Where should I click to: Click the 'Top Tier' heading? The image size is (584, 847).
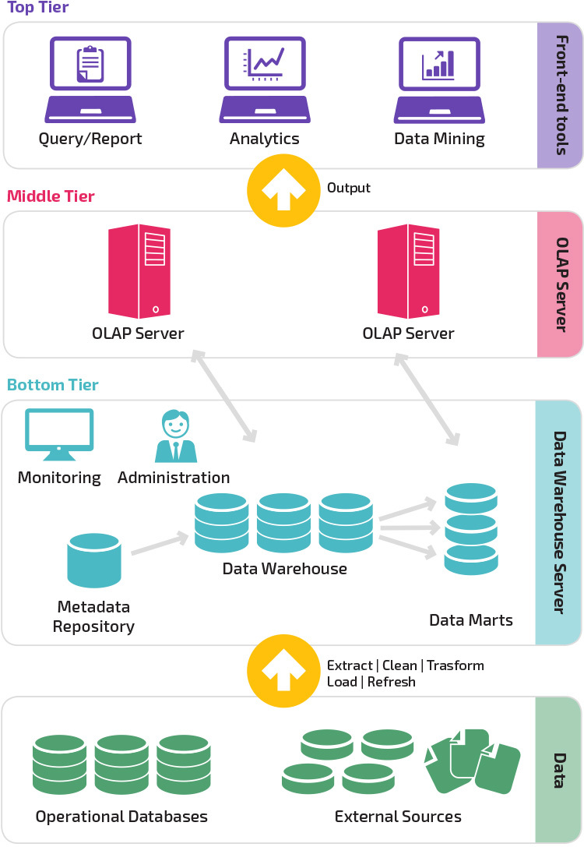coord(37,9)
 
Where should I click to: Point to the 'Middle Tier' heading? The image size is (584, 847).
coord(51,196)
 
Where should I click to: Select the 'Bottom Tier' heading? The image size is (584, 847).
coord(53,385)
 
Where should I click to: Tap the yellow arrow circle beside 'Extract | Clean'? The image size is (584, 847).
coord(283,672)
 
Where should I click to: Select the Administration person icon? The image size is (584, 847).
coord(175,437)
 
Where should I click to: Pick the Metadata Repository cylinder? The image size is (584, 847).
coord(94,560)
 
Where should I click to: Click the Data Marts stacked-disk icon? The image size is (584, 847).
coord(470,529)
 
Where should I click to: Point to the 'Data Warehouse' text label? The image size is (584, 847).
coord(284,569)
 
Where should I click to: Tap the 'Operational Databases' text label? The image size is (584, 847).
coord(121,817)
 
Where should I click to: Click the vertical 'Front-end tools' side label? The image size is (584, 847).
coord(560,95)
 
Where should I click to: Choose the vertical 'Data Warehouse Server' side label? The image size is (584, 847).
coord(558,522)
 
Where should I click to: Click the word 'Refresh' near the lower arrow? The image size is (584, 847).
coord(391,682)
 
